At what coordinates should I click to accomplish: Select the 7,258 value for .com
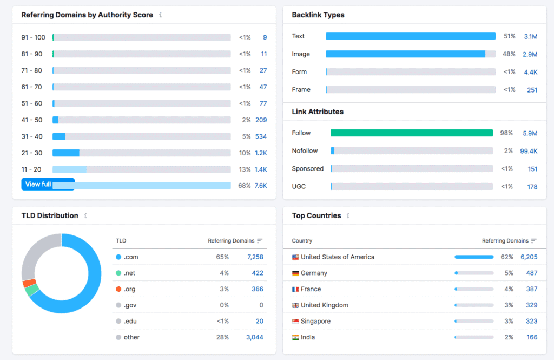pos(255,257)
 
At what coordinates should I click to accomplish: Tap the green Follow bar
pos(411,133)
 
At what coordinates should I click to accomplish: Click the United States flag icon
pos(295,257)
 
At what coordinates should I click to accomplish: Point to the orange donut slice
pos(29,283)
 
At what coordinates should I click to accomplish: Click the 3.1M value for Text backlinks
pos(530,36)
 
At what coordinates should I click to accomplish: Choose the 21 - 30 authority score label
pos(31,153)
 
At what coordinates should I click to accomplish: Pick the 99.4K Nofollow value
pos(529,151)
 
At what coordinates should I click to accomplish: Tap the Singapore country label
pos(315,322)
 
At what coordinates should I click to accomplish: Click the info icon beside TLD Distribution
pos(85,215)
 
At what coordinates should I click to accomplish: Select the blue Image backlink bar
pos(405,54)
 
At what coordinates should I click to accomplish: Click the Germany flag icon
pos(295,273)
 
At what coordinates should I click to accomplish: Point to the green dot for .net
pos(118,273)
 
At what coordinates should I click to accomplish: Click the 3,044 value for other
pos(255,337)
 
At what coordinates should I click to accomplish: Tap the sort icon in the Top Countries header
pos(534,241)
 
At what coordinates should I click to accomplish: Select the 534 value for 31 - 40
pos(261,136)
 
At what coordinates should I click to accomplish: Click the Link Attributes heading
pos(318,112)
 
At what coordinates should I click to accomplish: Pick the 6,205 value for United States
pos(529,257)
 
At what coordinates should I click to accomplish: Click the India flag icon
pos(295,338)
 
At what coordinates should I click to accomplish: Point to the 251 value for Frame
pos(532,90)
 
